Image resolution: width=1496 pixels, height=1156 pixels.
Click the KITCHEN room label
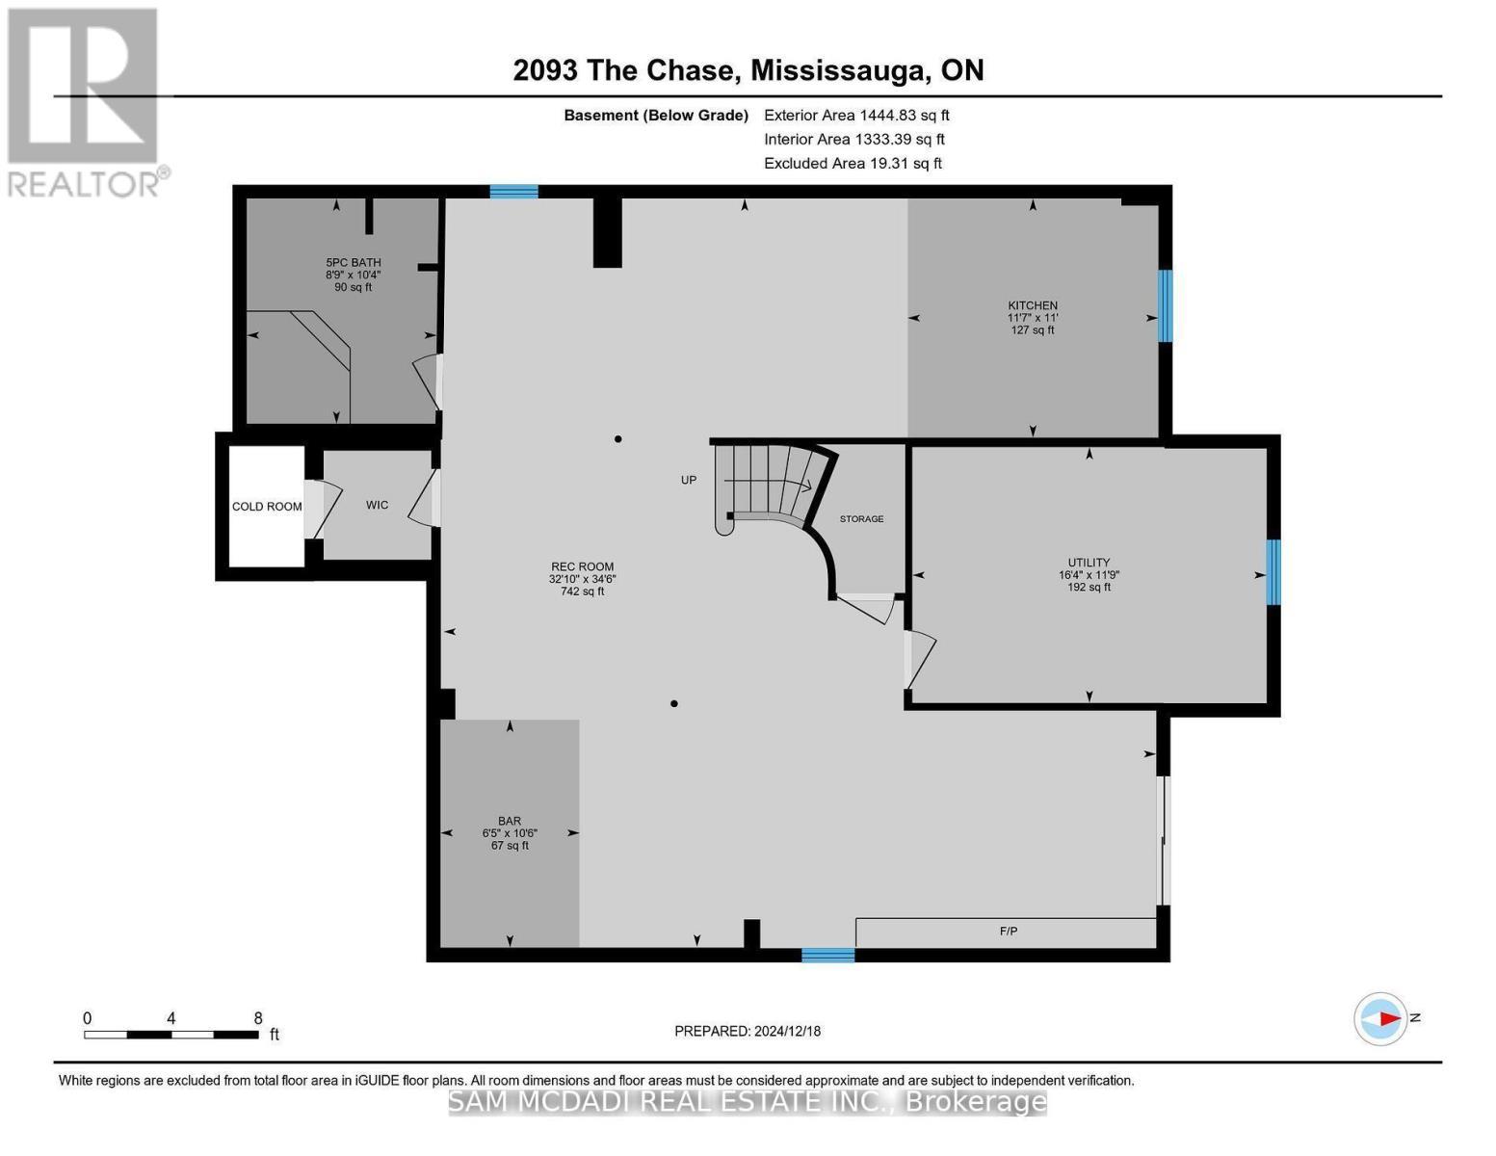click(x=1033, y=306)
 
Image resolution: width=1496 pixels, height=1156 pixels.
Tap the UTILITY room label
click(x=1089, y=563)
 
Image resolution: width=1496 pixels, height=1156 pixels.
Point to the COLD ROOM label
click(x=267, y=507)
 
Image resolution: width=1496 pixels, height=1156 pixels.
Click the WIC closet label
click(x=377, y=505)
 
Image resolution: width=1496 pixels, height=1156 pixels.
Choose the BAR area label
click(x=510, y=822)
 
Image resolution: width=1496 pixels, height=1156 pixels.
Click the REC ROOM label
click(x=582, y=567)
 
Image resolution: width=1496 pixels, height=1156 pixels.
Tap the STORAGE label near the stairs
click(x=861, y=519)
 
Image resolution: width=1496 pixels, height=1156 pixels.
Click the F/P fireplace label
click(x=1009, y=932)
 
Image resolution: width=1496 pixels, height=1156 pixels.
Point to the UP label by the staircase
click(x=688, y=480)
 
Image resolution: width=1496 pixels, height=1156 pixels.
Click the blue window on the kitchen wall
click(x=1165, y=305)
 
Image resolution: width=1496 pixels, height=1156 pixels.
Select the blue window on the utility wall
click(x=1273, y=572)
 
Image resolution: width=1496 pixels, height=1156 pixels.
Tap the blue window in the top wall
click(x=513, y=192)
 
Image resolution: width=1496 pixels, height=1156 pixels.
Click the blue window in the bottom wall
click(x=827, y=955)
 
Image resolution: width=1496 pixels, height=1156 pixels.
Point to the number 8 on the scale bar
click(x=258, y=1018)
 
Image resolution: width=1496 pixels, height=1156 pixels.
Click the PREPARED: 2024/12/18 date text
click(x=748, y=1032)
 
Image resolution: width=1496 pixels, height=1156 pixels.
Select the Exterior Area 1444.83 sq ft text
click(x=856, y=115)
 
